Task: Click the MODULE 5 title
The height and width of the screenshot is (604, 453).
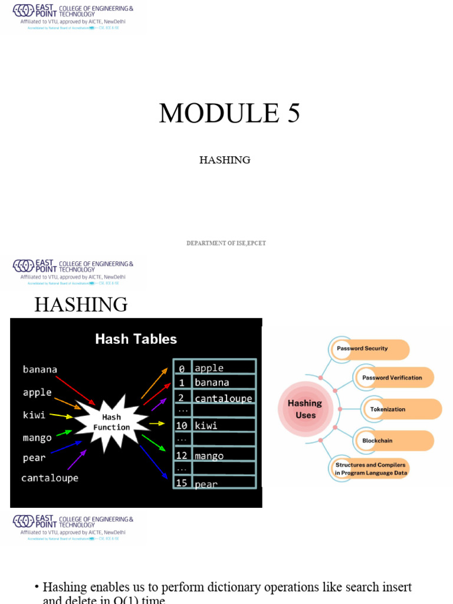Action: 229,113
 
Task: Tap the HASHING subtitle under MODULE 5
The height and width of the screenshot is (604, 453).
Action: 225,160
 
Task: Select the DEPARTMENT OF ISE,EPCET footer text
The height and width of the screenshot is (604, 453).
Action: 226,243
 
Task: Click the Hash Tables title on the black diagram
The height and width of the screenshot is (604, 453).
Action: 136,339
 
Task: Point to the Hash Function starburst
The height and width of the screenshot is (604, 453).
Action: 111,422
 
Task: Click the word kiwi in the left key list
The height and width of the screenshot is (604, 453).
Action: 34,415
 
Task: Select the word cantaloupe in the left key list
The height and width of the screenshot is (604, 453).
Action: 50,478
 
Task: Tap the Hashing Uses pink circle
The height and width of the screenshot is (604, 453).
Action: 305,409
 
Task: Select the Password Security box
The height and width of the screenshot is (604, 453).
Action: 369,349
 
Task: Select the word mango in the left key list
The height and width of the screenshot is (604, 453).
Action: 37,438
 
